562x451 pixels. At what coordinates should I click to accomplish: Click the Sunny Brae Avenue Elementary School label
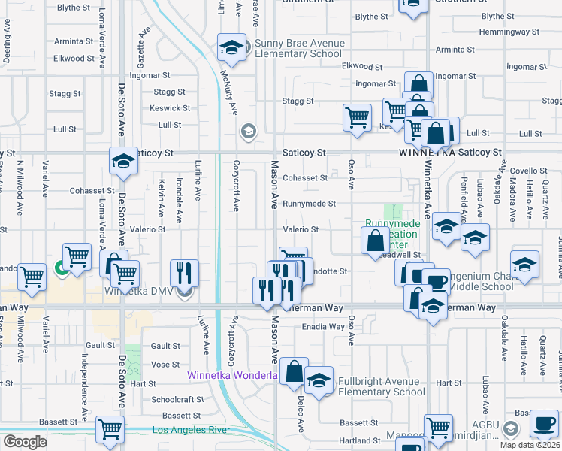click(x=299, y=48)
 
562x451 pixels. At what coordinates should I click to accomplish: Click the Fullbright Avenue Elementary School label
click(x=382, y=386)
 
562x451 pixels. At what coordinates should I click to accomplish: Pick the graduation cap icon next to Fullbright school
click(x=319, y=380)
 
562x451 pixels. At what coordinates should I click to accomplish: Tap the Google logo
click(x=25, y=442)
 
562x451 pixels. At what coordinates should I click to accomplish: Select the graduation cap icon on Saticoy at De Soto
click(x=123, y=160)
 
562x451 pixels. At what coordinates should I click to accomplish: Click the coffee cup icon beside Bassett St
click(x=544, y=423)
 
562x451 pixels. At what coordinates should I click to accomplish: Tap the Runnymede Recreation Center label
click(x=392, y=234)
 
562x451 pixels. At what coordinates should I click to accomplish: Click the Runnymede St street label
click(x=309, y=204)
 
